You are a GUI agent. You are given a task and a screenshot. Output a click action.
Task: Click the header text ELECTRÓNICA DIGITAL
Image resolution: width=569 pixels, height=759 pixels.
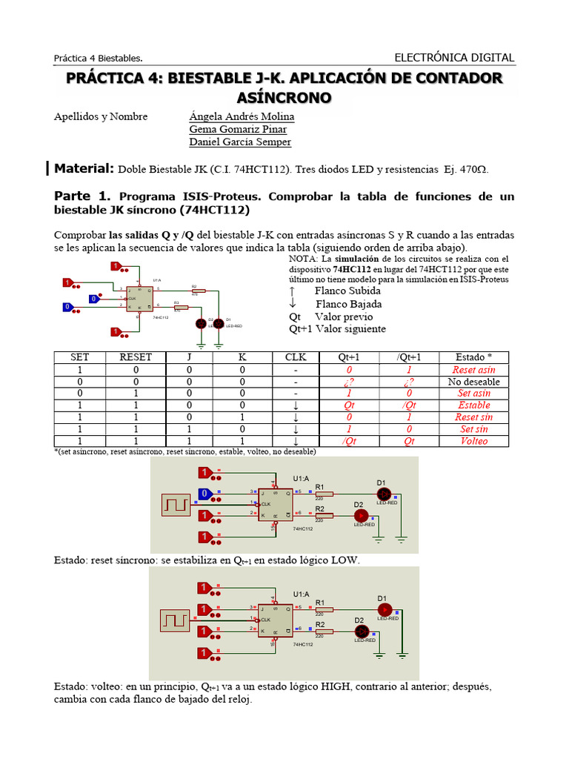(x=454, y=58)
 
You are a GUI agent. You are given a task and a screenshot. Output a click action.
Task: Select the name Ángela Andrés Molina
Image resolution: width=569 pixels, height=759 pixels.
(x=242, y=116)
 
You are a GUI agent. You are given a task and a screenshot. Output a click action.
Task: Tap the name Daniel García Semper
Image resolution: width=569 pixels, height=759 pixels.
(x=240, y=142)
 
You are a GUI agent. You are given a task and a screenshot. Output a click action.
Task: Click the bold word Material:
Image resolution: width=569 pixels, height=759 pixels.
(x=84, y=168)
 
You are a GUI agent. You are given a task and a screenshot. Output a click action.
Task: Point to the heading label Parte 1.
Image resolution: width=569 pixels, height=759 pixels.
(x=82, y=196)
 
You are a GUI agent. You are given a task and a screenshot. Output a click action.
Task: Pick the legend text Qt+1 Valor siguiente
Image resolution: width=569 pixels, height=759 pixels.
(x=337, y=328)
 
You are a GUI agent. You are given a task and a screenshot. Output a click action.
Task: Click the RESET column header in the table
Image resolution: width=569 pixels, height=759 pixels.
(x=136, y=357)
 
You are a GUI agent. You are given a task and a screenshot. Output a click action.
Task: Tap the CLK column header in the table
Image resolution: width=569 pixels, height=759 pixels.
(x=296, y=357)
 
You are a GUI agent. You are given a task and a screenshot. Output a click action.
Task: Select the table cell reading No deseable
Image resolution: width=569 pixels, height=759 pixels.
(x=474, y=382)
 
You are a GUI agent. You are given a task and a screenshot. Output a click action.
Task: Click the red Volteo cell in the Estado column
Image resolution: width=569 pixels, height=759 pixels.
(x=474, y=440)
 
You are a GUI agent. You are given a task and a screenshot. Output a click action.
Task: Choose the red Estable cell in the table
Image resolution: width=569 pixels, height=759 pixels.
(x=474, y=405)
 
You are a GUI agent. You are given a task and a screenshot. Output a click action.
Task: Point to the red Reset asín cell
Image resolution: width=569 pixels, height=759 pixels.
(x=474, y=369)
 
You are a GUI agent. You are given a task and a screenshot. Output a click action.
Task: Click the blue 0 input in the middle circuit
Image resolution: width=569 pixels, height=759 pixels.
(x=204, y=494)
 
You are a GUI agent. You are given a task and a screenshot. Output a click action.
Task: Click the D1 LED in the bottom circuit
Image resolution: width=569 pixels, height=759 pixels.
(x=384, y=609)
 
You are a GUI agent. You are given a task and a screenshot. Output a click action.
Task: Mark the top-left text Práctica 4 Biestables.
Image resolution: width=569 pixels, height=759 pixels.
(x=99, y=59)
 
